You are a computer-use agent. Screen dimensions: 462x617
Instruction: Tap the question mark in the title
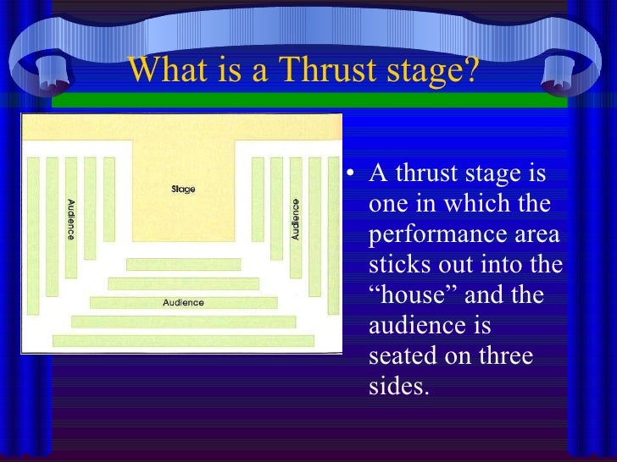click(x=470, y=71)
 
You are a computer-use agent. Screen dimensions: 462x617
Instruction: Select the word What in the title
click(x=170, y=71)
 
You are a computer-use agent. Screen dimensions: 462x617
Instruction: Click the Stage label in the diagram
click(x=183, y=188)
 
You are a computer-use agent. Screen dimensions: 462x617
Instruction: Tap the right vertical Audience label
click(x=296, y=219)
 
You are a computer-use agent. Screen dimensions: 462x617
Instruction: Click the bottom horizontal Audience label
click(x=183, y=302)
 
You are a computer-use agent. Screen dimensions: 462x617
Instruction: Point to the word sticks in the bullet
click(x=397, y=265)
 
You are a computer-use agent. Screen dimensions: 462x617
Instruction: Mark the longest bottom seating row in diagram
click(x=183, y=340)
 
